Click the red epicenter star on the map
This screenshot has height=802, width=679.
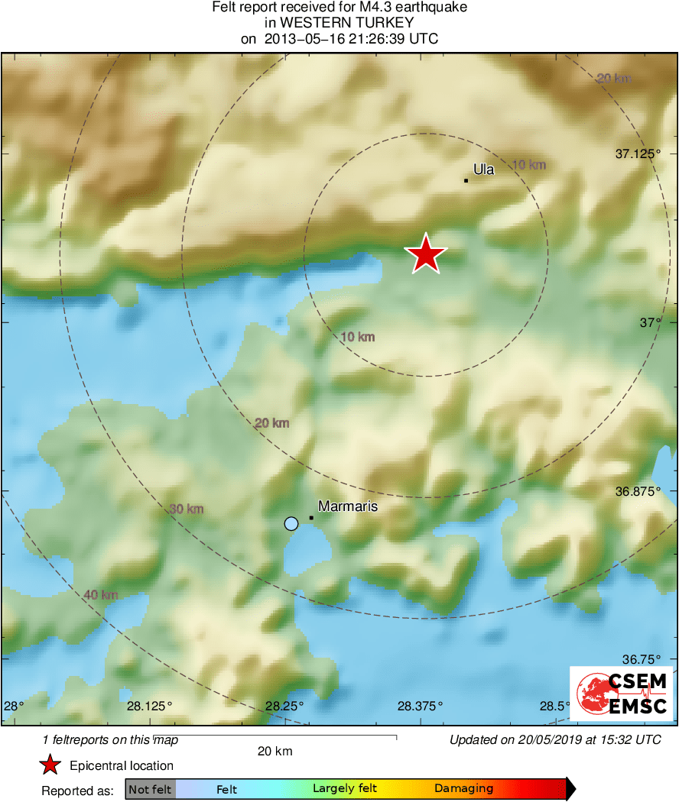pos(426,254)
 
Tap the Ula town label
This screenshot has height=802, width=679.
pos(483,170)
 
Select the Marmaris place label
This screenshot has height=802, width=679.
pos(348,506)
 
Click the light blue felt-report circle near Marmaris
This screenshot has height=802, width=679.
pos(291,523)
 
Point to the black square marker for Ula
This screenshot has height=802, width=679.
pos(466,181)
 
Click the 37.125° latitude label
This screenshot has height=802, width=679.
pos(638,154)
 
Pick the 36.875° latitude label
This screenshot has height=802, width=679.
pos(638,490)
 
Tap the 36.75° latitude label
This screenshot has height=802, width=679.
pos(641,659)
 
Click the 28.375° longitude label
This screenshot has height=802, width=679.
pos(419,706)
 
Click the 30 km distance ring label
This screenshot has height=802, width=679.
pos(186,509)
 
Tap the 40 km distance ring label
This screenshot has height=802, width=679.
pos(100,595)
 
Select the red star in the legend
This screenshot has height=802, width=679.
pos(50,765)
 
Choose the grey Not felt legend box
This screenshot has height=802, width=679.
pos(150,789)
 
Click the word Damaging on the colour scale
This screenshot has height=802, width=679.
pos(464,789)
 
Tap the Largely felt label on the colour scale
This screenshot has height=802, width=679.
pos(345,789)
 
